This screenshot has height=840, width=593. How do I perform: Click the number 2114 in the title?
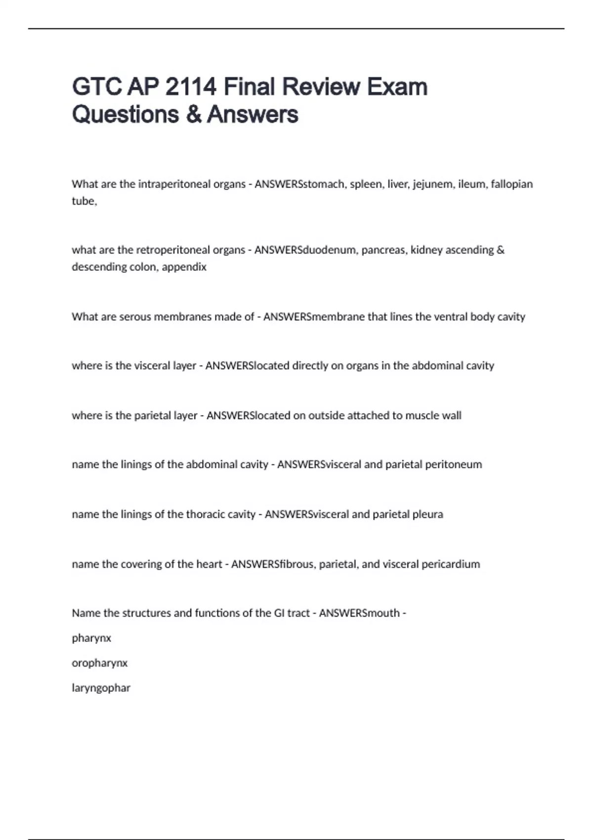pos(190,87)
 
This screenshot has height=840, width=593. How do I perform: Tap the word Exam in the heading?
pos(397,87)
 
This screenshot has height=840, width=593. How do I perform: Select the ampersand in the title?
pos(193,115)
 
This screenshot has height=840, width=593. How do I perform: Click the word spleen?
pos(366,184)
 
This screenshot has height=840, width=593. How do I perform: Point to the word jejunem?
pos(433,184)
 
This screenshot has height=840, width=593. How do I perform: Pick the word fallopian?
pos(511,184)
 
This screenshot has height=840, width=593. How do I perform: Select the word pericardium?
pos(450,564)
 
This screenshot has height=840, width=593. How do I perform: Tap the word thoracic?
pos(205,514)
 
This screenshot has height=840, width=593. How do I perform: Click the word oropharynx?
pos(99,663)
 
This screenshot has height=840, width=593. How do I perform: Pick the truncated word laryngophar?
pos(101,688)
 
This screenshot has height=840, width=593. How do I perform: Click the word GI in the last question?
pos(279,613)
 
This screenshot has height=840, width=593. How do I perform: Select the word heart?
pos(209,564)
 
